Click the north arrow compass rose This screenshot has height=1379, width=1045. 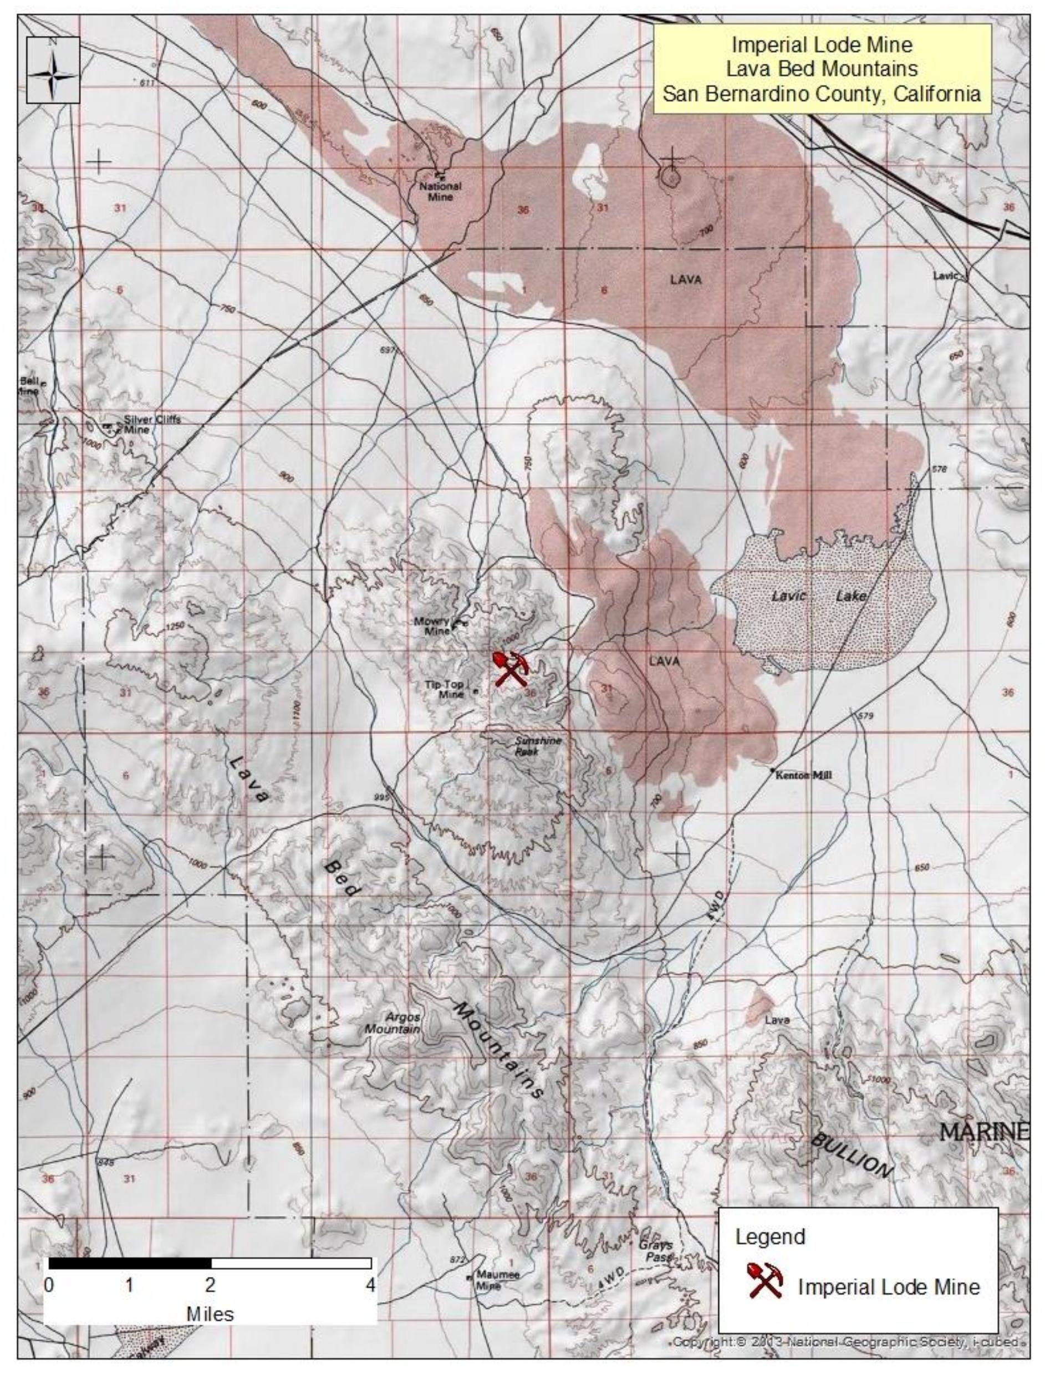54,69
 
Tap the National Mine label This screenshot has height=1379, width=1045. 440,191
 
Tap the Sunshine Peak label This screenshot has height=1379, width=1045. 538,746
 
